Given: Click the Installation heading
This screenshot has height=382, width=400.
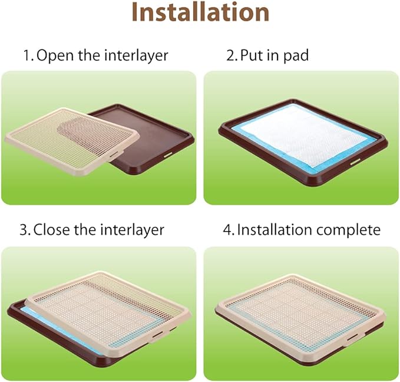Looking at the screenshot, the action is point(200,13).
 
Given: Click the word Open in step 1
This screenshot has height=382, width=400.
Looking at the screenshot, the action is point(55,56).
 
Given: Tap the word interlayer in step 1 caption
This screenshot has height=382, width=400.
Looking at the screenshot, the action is point(136,56).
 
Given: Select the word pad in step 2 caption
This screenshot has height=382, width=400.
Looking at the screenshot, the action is point(296,56).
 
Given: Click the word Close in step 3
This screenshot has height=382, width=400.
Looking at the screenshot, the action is point(51,229).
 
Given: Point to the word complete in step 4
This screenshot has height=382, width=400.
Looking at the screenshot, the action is point(348,230).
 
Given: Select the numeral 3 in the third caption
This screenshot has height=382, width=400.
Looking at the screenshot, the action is point(25,230).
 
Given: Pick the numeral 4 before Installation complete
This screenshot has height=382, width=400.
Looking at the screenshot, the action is point(228,230).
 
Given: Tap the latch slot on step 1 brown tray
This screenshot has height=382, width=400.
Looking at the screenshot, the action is point(168,154).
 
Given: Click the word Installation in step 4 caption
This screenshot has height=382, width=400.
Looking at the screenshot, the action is point(275,229).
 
